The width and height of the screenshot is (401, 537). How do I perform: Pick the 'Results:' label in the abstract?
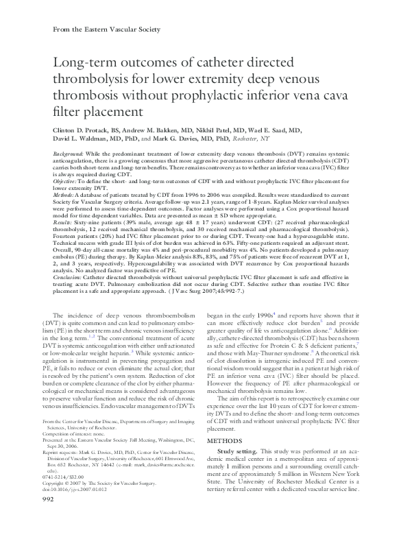coord(64,223)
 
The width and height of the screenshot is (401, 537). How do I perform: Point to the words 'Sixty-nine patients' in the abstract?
coord(99,223)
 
